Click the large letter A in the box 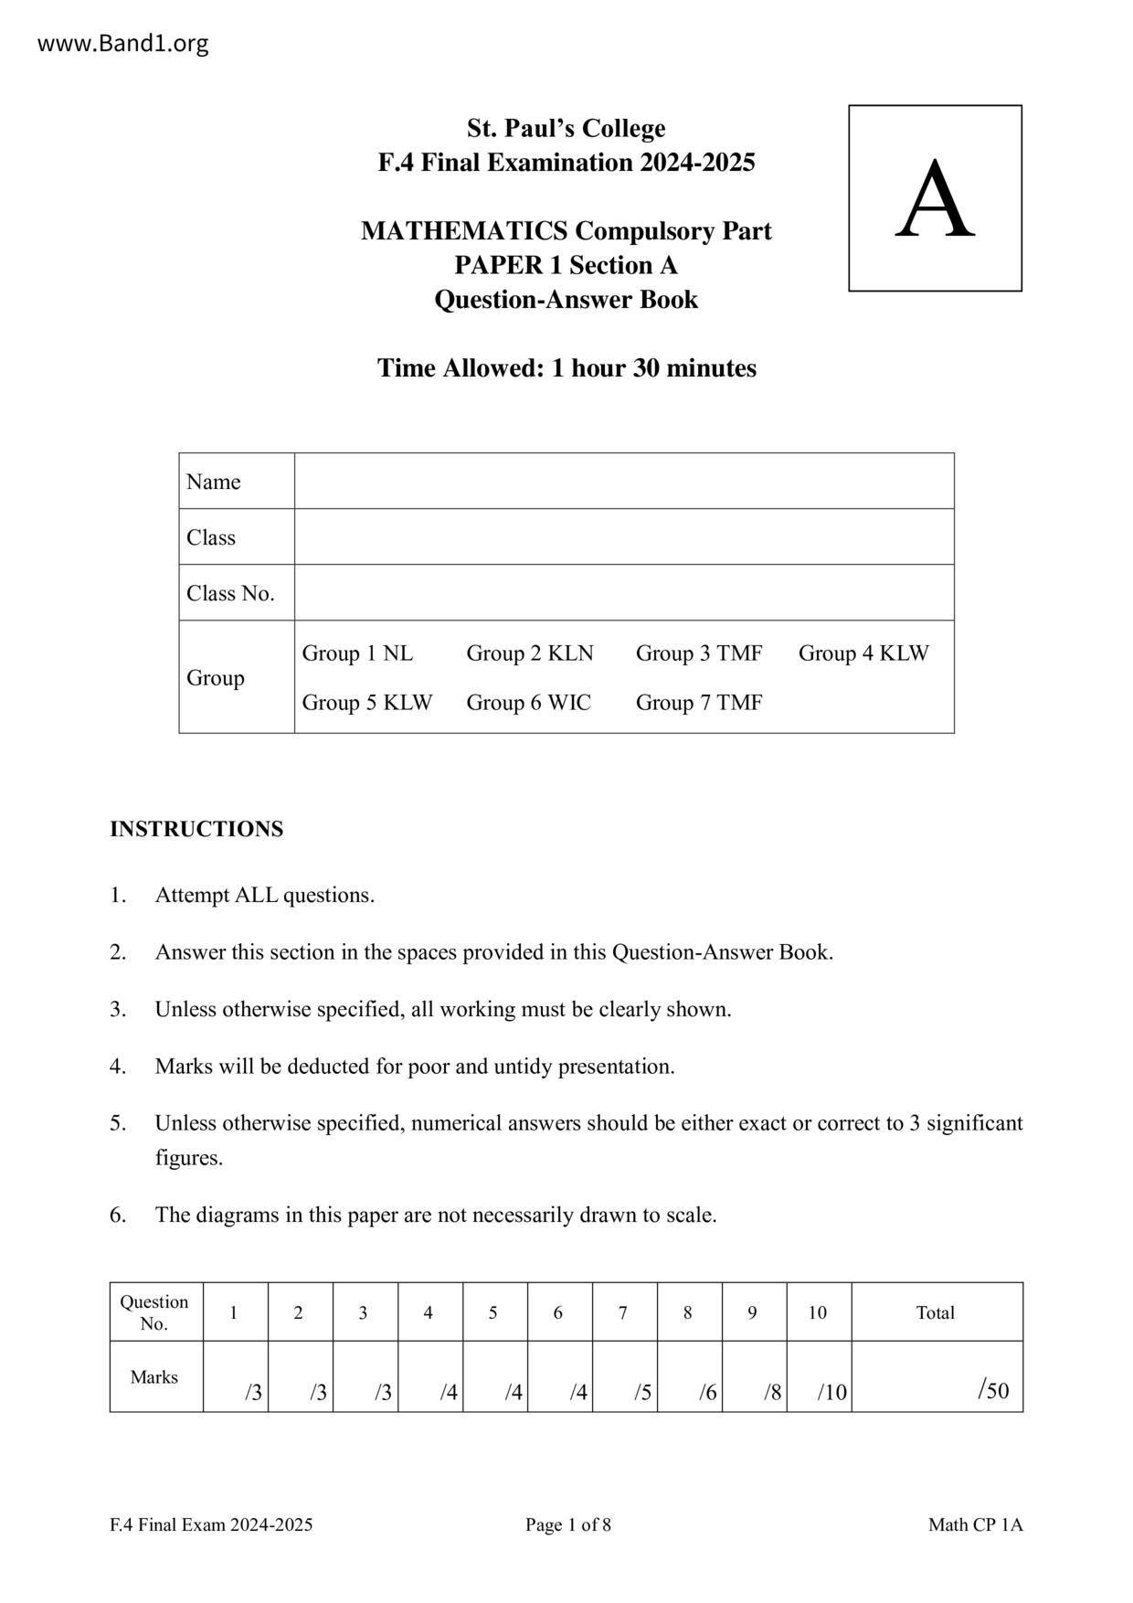tap(934, 199)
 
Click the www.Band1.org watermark tap(122, 43)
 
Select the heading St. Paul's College tap(566, 128)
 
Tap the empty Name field tap(624, 481)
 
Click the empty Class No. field tap(624, 592)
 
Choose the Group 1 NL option tap(357, 653)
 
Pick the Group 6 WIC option tap(528, 703)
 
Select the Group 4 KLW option tap(863, 653)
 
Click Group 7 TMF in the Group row tap(698, 703)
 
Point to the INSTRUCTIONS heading tap(196, 829)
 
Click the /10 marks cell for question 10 tap(819, 1377)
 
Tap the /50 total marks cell tap(937, 1377)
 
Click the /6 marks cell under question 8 tap(689, 1377)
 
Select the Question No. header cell tap(154, 1312)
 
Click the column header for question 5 tap(492, 1312)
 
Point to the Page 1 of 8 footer tap(567, 1524)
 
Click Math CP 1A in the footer tap(975, 1524)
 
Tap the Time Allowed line tap(566, 368)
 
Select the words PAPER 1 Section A tap(566, 265)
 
